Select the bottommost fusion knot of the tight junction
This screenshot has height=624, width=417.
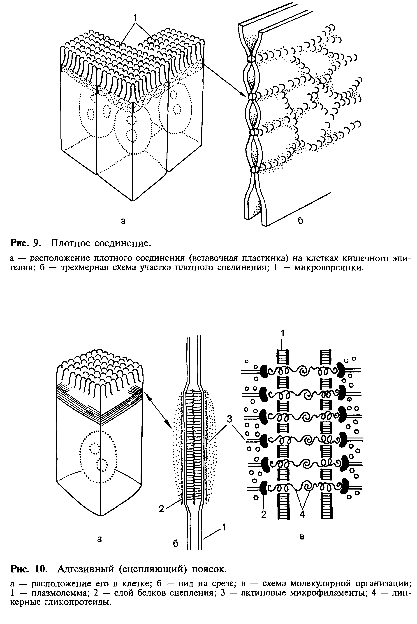(x=255, y=169)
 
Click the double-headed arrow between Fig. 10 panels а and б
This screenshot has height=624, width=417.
(x=158, y=410)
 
